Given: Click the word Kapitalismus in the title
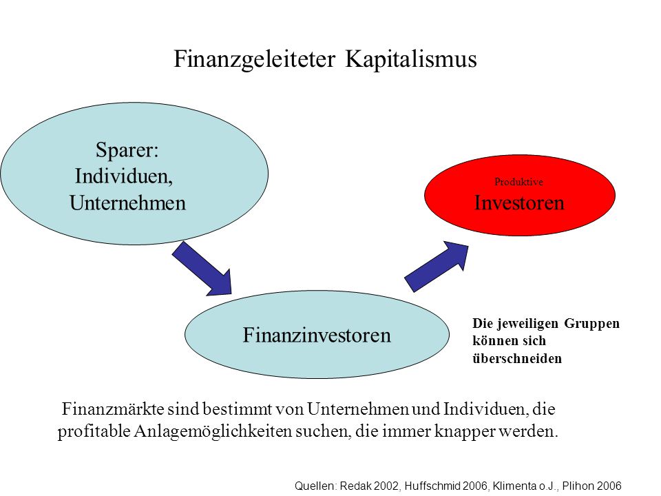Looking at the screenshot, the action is point(411,58).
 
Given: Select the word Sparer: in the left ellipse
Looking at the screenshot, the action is point(127,150).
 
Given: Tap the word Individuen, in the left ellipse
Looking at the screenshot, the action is point(124,176).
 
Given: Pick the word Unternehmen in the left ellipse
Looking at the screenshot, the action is point(128,203).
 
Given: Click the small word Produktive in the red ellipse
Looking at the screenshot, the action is point(518,182).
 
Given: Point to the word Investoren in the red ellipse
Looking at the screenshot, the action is point(519,203).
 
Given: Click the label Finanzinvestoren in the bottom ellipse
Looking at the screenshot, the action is point(317,335).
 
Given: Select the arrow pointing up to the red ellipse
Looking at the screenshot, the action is point(436,267).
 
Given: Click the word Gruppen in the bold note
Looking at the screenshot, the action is point(592,324).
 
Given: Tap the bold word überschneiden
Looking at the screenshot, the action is point(517,358).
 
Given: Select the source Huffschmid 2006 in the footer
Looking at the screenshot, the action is point(445,486).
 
